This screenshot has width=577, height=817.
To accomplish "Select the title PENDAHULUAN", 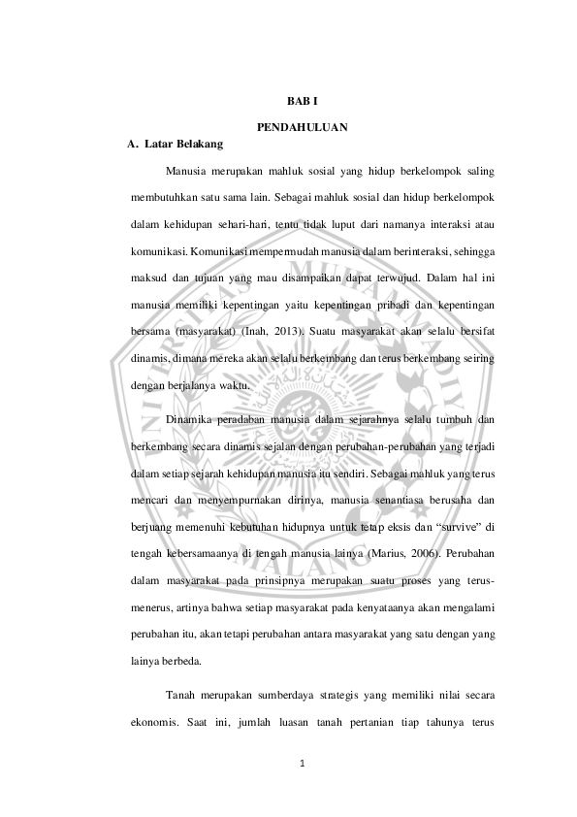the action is (303, 128).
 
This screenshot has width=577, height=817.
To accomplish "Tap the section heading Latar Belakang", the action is (183, 145).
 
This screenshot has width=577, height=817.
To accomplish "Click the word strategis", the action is (339, 695).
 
